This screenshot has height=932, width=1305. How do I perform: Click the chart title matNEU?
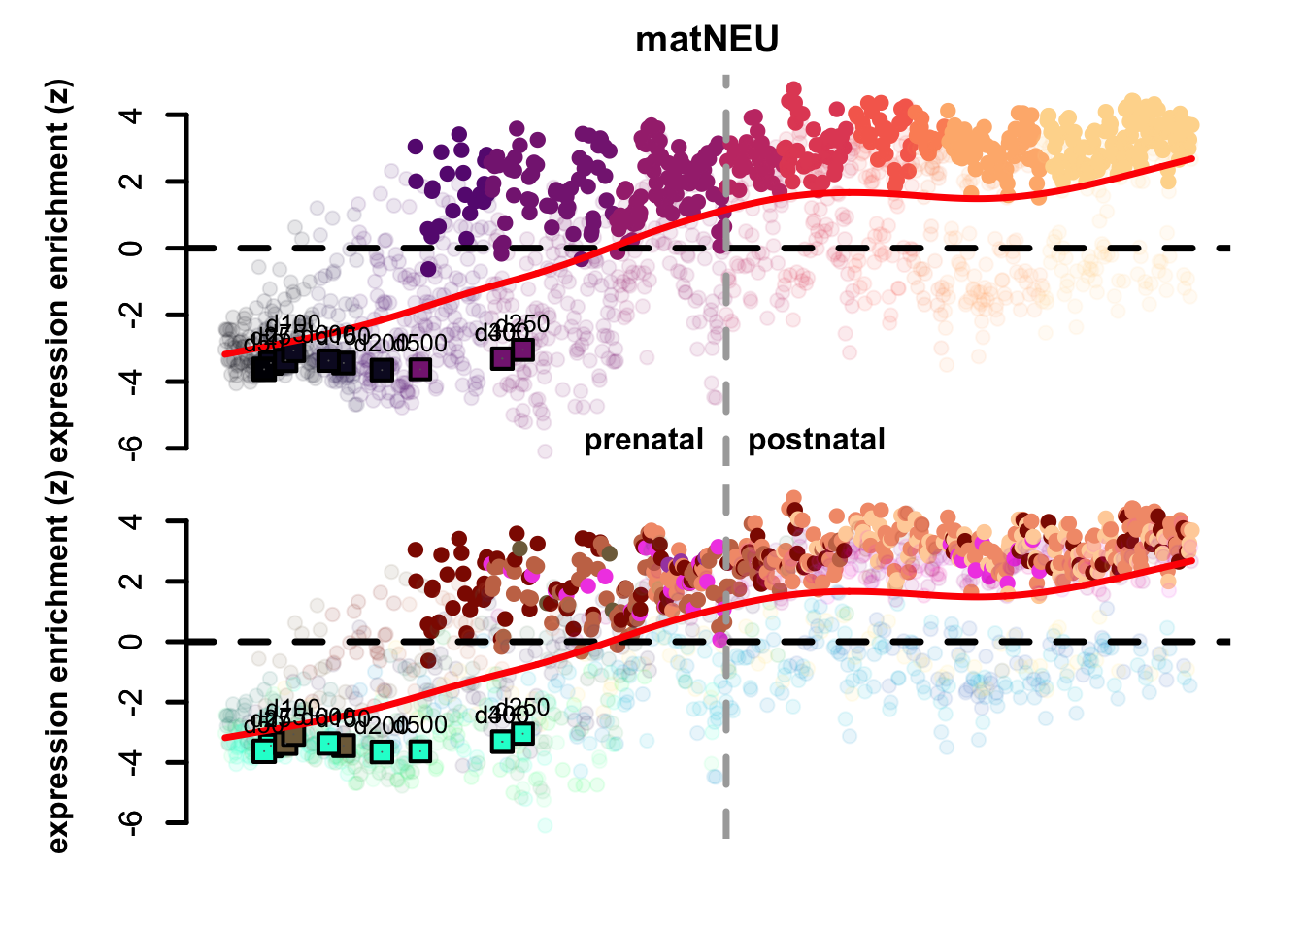[706, 40]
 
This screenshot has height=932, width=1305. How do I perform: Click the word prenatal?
[643, 440]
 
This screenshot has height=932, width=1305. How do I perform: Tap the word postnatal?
[816, 440]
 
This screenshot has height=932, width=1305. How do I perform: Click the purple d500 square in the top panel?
[419, 369]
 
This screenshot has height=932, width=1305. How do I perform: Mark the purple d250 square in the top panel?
[523, 349]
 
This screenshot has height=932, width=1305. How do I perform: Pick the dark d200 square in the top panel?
[382, 369]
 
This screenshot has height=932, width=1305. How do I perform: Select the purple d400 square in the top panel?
[502, 358]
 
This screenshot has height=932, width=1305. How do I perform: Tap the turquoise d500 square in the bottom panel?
[419, 750]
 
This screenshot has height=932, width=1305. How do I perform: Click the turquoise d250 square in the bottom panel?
[523, 733]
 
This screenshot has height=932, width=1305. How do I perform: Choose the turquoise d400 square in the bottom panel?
[502, 742]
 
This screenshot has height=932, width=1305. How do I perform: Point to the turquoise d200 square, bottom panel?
[382, 751]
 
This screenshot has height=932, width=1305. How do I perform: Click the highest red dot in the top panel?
[793, 89]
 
